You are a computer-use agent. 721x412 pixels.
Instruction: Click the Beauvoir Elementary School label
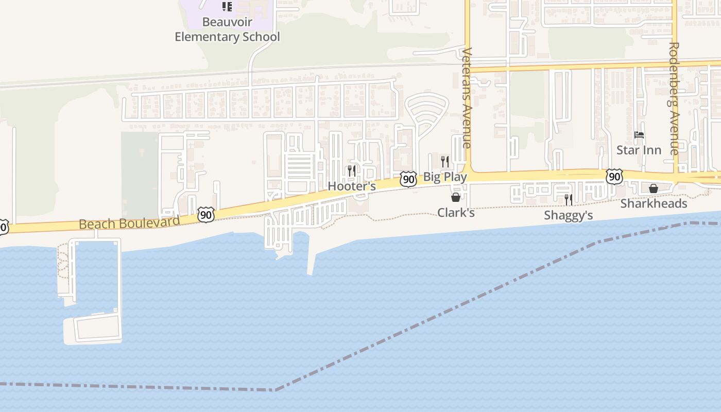click(x=227, y=30)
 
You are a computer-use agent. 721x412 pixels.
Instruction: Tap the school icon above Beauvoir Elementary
click(x=227, y=7)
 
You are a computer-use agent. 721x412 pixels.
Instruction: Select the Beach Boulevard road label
click(x=129, y=224)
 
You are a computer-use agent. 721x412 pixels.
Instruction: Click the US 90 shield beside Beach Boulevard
click(x=206, y=214)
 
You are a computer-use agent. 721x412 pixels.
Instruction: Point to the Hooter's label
click(x=352, y=186)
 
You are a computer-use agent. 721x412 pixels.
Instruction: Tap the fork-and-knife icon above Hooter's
click(x=352, y=170)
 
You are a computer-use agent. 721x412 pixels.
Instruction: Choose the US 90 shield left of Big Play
click(x=408, y=179)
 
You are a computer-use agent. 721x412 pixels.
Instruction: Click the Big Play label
click(x=445, y=177)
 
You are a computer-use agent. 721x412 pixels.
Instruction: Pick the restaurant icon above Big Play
click(x=445, y=161)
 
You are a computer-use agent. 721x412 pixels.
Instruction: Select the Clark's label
click(x=456, y=212)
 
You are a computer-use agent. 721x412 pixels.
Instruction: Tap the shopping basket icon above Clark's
click(x=456, y=197)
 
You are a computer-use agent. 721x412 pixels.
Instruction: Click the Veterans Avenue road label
click(x=467, y=98)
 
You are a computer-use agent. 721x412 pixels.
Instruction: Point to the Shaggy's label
click(x=568, y=215)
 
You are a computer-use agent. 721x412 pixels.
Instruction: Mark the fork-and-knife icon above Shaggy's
click(x=568, y=199)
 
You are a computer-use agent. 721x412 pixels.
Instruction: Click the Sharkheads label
click(x=654, y=203)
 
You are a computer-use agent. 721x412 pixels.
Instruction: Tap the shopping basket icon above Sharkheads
click(x=654, y=188)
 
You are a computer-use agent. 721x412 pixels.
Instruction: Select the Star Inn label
click(x=639, y=150)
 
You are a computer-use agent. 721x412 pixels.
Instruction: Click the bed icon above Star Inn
click(x=639, y=135)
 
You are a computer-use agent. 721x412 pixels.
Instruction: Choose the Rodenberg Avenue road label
click(x=674, y=98)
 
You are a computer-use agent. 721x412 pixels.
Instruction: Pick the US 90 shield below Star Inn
click(x=614, y=177)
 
